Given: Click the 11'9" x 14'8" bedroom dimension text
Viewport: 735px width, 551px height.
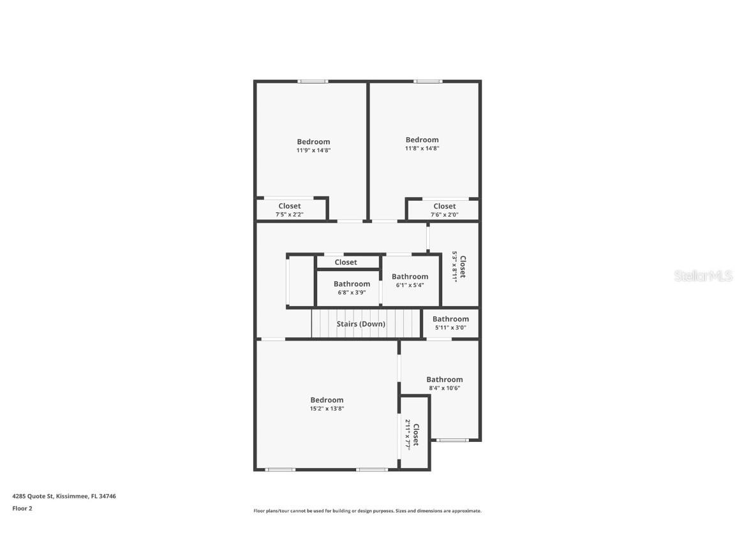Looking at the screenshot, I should (313, 151).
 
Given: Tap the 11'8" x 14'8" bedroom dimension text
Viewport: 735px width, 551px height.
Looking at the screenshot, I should (422, 148).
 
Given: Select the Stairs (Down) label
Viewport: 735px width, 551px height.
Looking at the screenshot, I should (361, 324).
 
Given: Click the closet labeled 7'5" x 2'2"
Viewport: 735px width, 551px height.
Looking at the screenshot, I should (290, 210).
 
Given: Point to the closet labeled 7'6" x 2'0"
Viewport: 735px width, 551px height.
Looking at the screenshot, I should (445, 210).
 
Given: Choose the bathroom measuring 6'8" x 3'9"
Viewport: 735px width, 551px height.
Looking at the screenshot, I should (352, 288).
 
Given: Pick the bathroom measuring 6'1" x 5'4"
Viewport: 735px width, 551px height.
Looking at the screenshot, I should (410, 281).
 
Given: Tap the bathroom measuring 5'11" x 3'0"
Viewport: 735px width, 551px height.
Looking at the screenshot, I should (450, 323).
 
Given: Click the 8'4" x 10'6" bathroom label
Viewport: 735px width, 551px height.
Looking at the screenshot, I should (445, 383).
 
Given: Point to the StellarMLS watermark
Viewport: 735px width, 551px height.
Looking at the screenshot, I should (703, 276).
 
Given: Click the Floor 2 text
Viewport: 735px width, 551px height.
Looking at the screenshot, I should (22, 508).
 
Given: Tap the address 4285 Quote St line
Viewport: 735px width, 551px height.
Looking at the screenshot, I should (64, 496).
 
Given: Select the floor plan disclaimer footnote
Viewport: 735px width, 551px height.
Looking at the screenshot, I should (367, 511).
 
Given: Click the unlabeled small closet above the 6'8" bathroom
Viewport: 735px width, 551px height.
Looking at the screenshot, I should (346, 262).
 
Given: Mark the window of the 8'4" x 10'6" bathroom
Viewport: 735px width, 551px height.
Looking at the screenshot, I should (452, 440).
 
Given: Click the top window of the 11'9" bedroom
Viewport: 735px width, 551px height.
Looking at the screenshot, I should (313, 81).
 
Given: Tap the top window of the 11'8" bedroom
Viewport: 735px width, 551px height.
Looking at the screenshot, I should (427, 81).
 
